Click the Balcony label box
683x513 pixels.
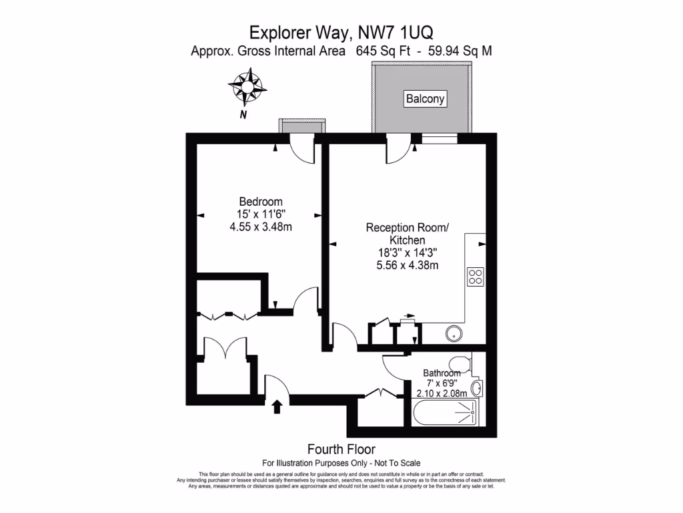pos(425,99)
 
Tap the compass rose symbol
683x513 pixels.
pos(247,86)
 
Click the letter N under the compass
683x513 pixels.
pos(243,115)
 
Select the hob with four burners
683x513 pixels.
pos(475,277)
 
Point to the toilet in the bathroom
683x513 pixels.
pos(460,363)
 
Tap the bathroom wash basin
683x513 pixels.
pos(476,388)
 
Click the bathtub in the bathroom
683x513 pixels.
pos(445,412)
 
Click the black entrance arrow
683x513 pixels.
pos(277,407)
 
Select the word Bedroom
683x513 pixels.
pos(261,202)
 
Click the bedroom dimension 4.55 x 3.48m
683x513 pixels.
pos(261,227)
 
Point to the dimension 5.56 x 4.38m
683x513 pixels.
pos(408,265)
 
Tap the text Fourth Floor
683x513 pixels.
pos(341,449)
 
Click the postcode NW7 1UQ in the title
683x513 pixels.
pos(395,32)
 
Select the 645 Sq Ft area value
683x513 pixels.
pos(383,51)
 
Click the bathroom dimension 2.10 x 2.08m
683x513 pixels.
pos(442,393)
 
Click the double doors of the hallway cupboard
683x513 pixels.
pos(225,347)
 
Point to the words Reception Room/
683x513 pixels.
pos(408,227)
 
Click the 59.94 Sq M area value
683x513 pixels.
pos(460,51)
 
